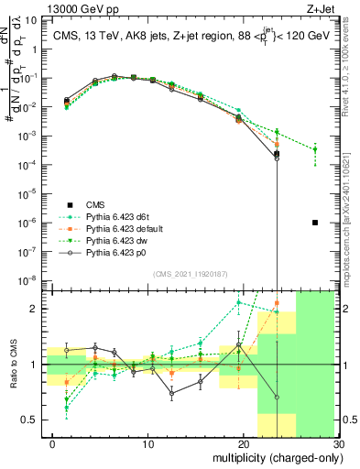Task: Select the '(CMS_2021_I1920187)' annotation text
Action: pos(190,274)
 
